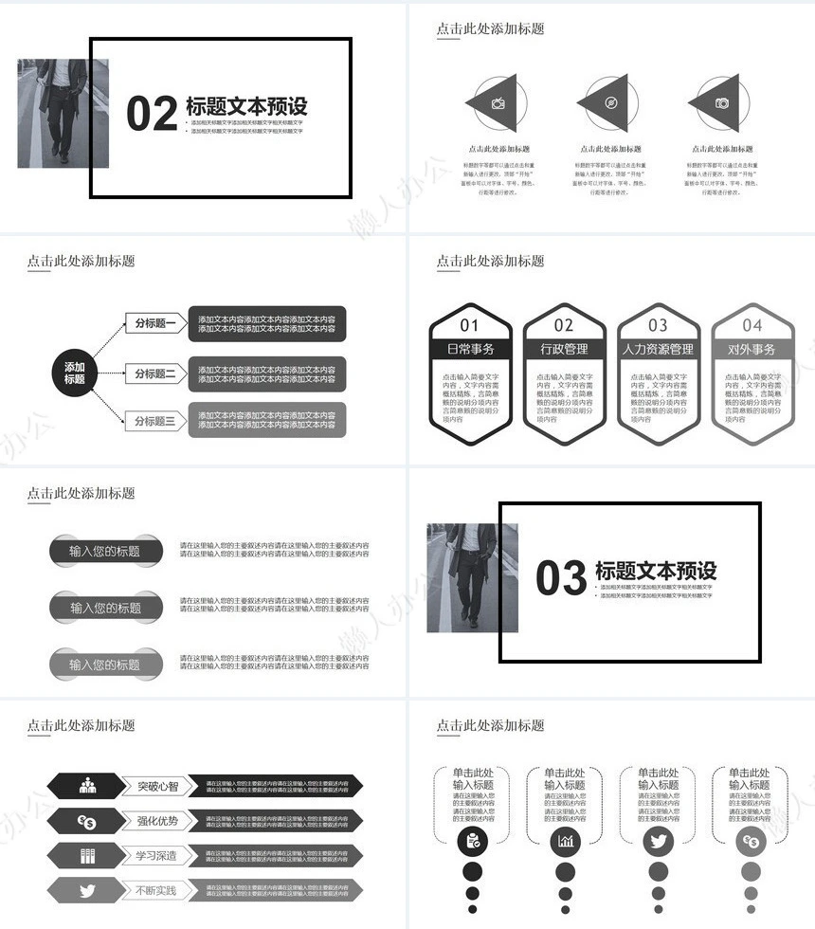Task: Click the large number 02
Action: tap(152, 114)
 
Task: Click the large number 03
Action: tap(561, 577)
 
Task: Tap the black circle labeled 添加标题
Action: tap(75, 373)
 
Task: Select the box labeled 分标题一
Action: tap(155, 323)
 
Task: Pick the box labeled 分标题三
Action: tap(155, 421)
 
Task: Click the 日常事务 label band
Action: tap(470, 349)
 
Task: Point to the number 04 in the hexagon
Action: tap(752, 325)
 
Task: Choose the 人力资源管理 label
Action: tap(659, 349)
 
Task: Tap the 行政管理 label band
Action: tap(564, 349)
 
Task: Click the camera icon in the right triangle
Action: tap(722, 103)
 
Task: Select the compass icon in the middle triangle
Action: tap(611, 103)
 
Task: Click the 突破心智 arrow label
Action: tap(157, 786)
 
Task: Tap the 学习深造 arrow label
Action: tap(157, 856)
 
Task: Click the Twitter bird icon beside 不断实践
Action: tap(88, 891)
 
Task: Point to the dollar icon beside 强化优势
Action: tap(88, 821)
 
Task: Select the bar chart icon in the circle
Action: tap(566, 841)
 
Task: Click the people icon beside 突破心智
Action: tap(88, 785)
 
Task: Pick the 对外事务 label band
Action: tap(752, 349)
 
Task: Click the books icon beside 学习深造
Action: tap(88, 856)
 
